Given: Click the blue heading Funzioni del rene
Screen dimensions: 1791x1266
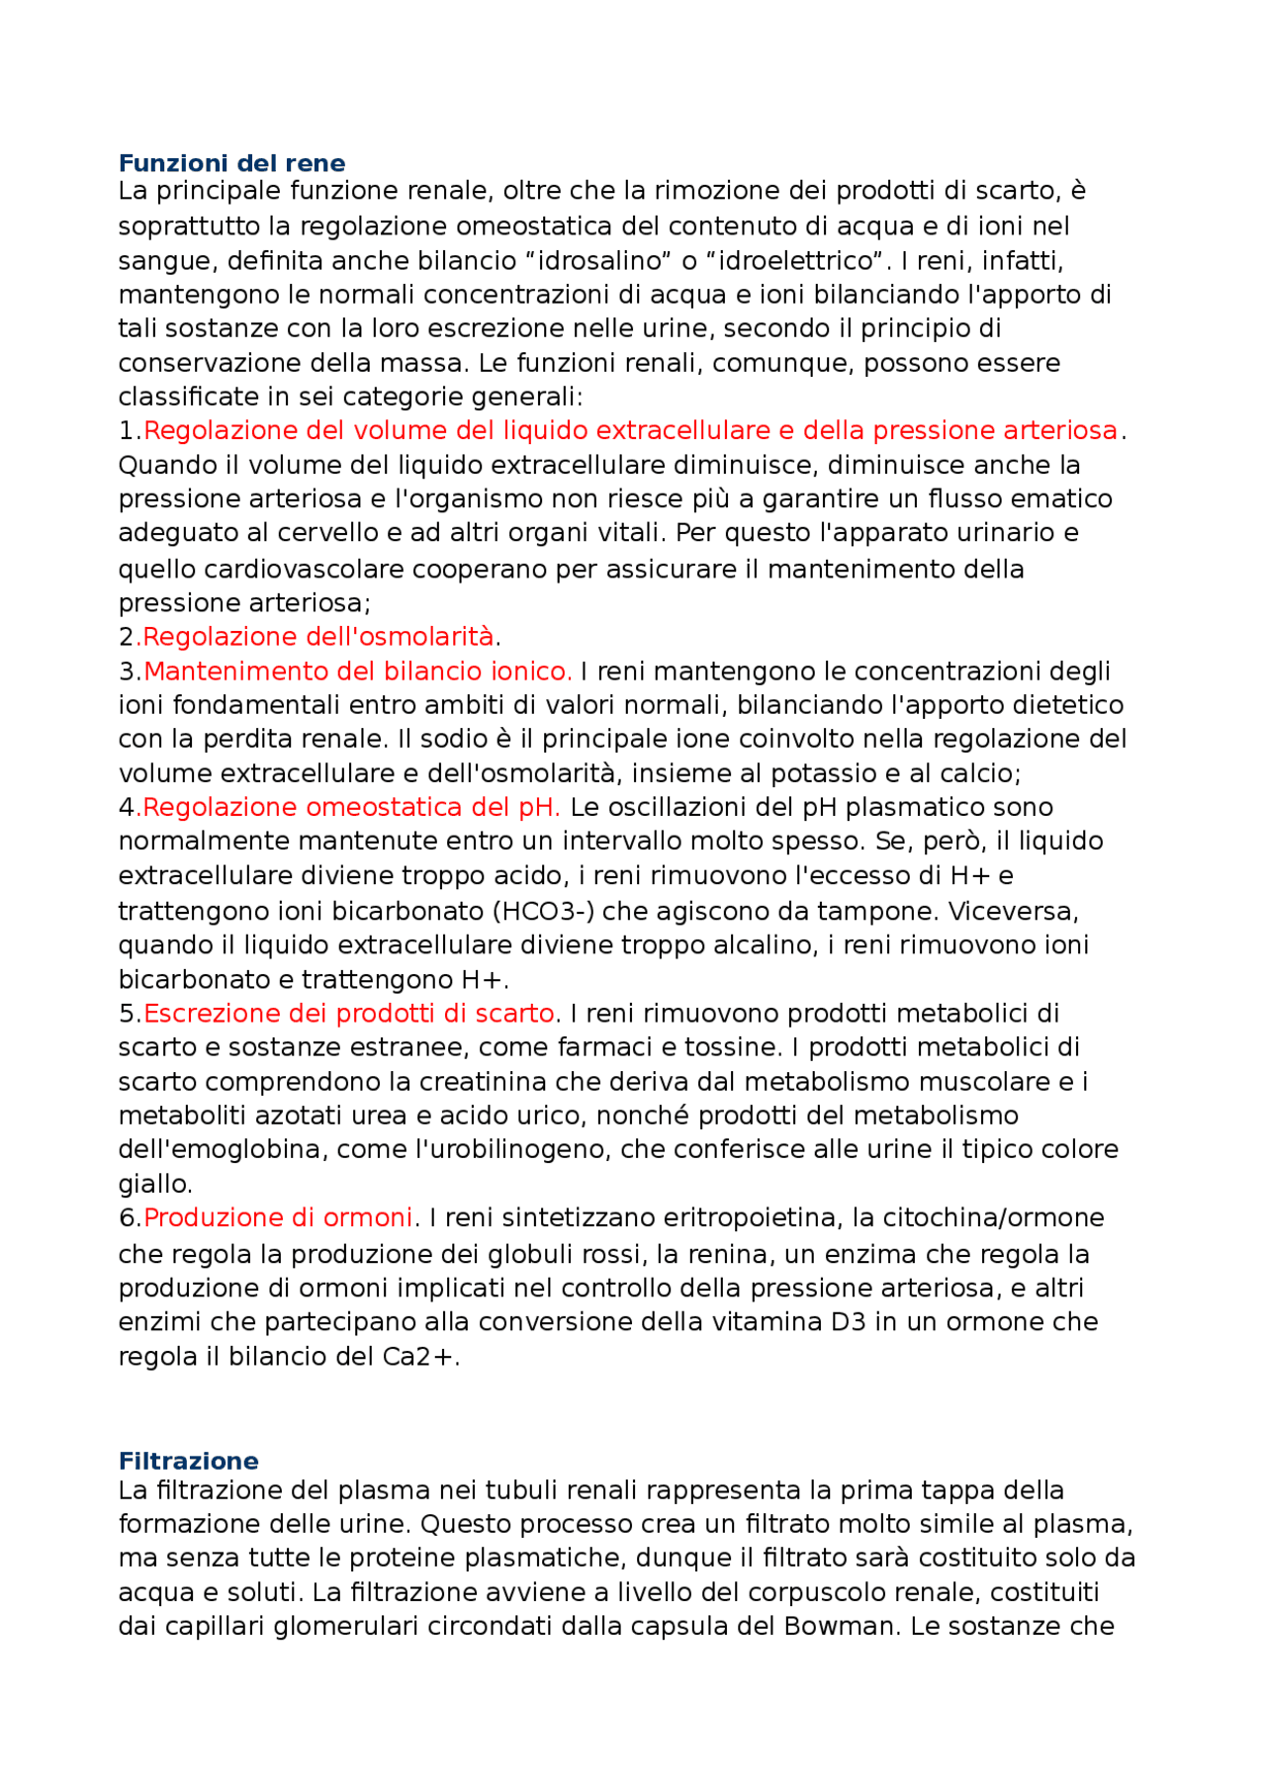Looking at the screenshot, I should pyautogui.click(x=231, y=163).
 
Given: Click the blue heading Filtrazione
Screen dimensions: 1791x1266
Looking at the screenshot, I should pyautogui.click(x=188, y=1461).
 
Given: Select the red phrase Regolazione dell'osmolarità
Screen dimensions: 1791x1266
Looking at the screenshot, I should pyautogui.click(x=317, y=636).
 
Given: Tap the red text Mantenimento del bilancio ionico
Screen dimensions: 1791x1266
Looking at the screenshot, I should pyautogui.click(x=357, y=672).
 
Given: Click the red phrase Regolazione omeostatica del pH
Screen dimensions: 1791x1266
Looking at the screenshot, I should pyautogui.click(x=351, y=807).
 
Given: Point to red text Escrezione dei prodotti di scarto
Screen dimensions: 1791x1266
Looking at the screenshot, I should pyautogui.click(x=349, y=1014).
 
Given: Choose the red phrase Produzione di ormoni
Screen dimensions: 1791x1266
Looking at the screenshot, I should pyautogui.click(x=278, y=1217).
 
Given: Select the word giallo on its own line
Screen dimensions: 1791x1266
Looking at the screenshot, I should pyautogui.click(x=153, y=1184).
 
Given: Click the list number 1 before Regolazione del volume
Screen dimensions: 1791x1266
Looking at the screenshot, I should pyautogui.click(x=126, y=431).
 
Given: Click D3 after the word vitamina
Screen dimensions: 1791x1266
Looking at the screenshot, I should pyautogui.click(x=848, y=1322).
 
